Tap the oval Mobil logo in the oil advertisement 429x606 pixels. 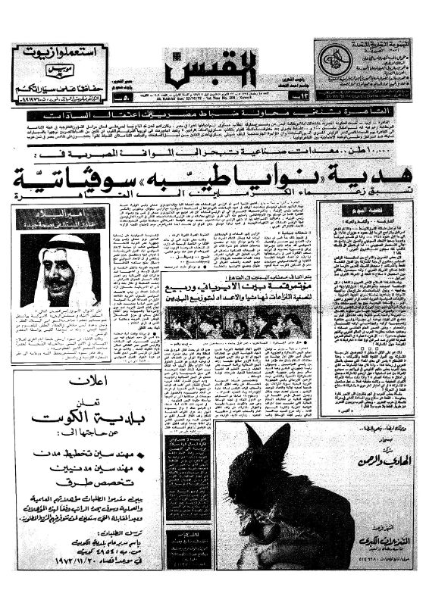coord(60,73)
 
